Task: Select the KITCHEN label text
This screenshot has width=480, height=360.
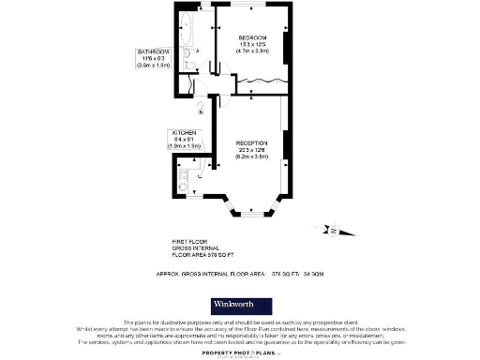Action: (183, 132)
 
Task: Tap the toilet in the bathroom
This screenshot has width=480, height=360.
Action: (187, 63)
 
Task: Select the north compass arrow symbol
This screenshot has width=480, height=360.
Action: (333, 230)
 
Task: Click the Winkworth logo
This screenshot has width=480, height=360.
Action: (239, 306)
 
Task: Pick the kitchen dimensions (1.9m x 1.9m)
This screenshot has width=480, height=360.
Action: (183, 145)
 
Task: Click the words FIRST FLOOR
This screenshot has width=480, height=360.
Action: (190, 241)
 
